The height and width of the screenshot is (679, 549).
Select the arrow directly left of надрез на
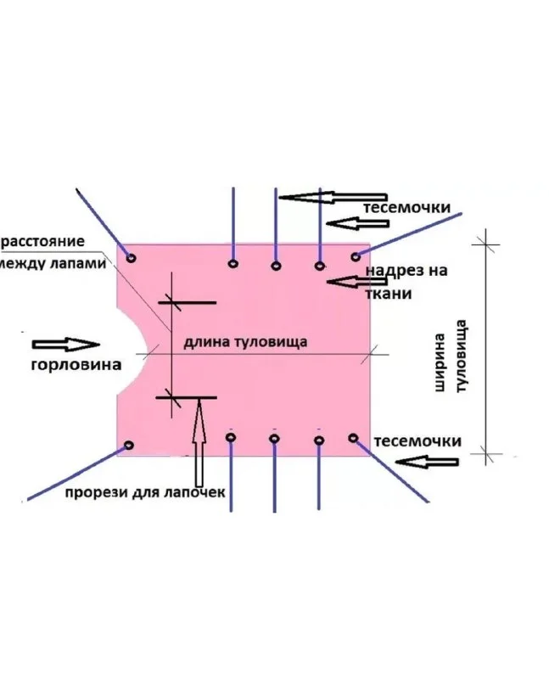pyautogui.click(x=345, y=280)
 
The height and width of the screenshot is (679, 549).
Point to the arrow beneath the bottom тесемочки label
pyautogui.click(x=433, y=463)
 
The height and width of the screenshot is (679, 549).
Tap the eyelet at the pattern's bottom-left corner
pyautogui.click(x=130, y=445)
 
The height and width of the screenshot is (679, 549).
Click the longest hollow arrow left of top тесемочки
pyautogui.click(x=318, y=197)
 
